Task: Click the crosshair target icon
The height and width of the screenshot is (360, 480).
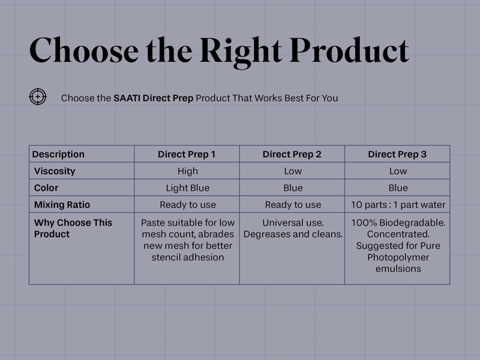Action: tap(38, 97)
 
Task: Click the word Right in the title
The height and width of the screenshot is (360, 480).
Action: tap(241, 52)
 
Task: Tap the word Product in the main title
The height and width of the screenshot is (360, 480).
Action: tap(349, 50)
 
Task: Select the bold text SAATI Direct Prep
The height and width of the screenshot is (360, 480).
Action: tap(154, 98)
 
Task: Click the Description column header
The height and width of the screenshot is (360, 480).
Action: tap(58, 154)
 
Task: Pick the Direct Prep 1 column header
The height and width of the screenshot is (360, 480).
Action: tap(187, 154)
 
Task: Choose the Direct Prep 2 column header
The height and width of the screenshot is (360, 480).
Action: tap(292, 154)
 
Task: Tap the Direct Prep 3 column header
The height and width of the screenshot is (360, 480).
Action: tap(397, 154)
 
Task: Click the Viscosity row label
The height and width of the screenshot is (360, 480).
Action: tap(55, 171)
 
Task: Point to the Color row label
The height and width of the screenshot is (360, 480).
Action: tap(46, 188)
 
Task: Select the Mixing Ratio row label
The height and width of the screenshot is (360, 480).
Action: tap(62, 205)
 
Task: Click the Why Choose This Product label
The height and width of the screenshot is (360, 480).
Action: tap(73, 228)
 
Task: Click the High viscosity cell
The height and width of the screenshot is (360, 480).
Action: tap(188, 171)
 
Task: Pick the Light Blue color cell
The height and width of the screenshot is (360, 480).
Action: tap(188, 188)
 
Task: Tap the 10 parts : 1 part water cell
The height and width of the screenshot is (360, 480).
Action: tap(398, 205)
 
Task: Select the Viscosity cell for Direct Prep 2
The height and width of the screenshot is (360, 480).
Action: tap(293, 171)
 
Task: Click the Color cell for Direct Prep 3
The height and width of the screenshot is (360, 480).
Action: tap(398, 188)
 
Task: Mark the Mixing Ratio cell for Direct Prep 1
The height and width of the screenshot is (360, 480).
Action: tap(188, 205)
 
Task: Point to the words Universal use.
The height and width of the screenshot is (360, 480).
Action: tap(293, 223)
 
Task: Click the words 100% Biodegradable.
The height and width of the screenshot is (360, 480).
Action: tap(398, 223)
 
